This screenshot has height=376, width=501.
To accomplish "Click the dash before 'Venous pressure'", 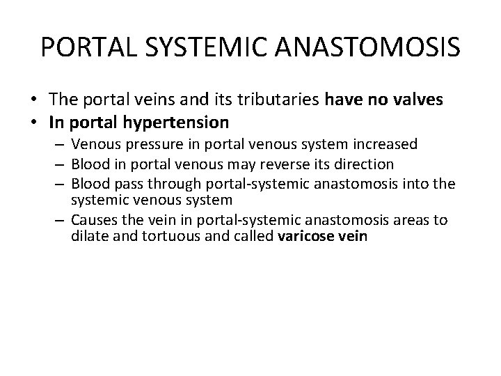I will [61, 144].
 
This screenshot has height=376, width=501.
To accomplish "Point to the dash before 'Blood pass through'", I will [61, 184].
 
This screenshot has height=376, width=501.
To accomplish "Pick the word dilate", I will [88, 237].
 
